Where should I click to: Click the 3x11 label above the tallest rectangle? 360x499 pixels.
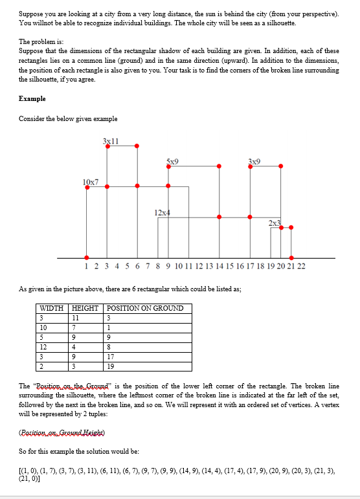(x=111, y=140)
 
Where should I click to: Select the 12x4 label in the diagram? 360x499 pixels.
(x=162, y=212)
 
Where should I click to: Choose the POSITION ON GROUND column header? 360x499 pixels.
(x=144, y=308)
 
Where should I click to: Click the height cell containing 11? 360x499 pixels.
(x=76, y=317)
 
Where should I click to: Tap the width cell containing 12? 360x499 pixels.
(x=45, y=346)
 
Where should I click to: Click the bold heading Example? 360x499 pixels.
(x=32, y=99)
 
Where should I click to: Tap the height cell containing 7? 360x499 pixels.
(x=74, y=327)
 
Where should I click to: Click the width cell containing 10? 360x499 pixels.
(x=45, y=327)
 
